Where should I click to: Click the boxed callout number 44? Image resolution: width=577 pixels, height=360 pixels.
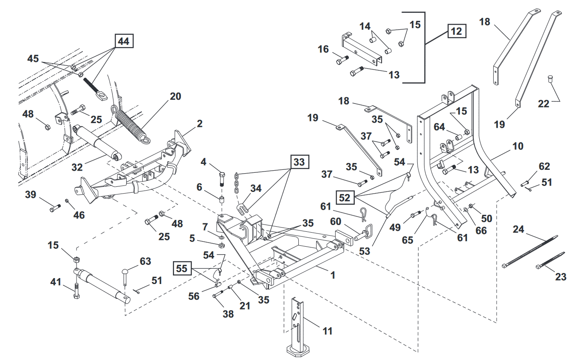124,41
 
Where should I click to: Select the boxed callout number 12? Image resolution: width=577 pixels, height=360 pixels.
457,31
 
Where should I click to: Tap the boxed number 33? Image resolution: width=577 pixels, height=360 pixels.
300,162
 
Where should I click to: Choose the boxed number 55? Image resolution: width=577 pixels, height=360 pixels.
182,268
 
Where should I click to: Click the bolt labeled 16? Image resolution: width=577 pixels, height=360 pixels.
342,61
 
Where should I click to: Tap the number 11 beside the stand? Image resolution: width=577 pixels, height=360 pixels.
327,331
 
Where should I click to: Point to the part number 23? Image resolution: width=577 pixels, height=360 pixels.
561,277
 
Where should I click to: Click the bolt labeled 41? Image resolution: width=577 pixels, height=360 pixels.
76,291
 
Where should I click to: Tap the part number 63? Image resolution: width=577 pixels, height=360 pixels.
145,261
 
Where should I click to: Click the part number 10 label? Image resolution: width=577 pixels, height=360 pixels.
518,146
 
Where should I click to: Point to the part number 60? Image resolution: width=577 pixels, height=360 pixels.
336,222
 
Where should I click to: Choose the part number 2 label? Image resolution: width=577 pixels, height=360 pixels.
199,124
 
